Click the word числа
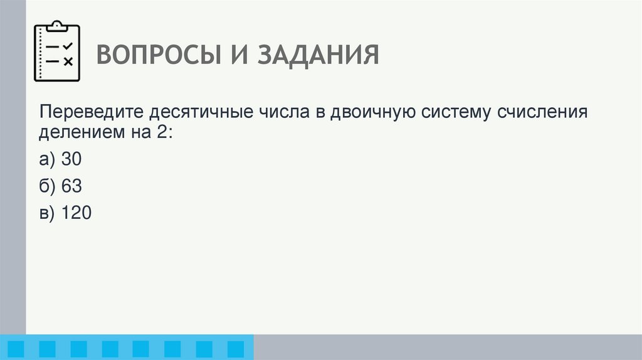click(x=280, y=114)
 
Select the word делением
click(x=80, y=132)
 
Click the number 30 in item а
click(x=71, y=160)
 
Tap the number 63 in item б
click(x=71, y=187)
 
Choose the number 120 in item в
click(x=76, y=213)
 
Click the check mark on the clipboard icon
click(x=68, y=46)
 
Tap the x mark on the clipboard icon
click(x=68, y=61)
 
